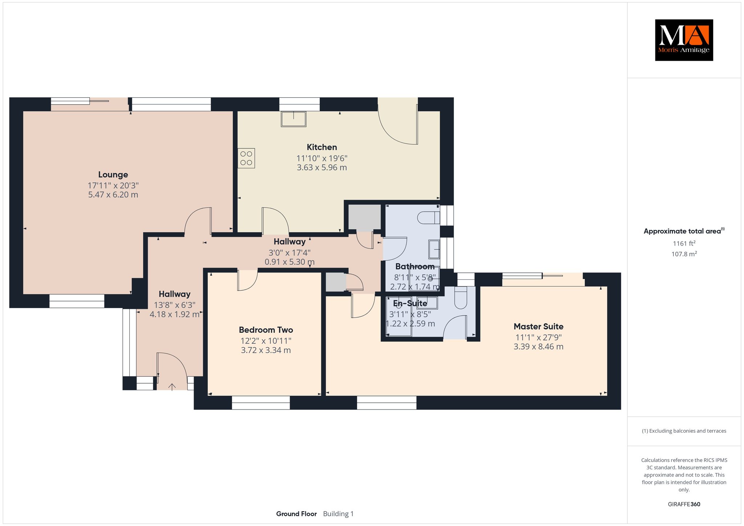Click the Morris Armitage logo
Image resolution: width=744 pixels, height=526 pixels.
tap(684, 40)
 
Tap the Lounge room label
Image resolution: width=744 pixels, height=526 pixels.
tap(113, 175)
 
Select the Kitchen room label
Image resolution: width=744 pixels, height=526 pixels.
tap(322, 147)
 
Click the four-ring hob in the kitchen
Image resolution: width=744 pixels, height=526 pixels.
tap(246, 158)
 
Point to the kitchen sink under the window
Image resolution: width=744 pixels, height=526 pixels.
tap(294, 119)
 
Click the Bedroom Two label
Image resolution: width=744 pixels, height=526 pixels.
tap(266, 330)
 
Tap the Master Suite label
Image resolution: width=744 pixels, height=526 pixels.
tap(538, 327)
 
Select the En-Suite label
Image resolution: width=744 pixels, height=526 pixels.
tap(410, 303)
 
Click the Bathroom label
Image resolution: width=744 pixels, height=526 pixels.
tap(415, 267)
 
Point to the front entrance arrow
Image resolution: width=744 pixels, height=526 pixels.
tap(172, 387)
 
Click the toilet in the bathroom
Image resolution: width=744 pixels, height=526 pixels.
tap(429, 218)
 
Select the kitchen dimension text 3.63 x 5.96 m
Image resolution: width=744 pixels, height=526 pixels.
tap(322, 167)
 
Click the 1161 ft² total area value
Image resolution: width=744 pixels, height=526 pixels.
tap(684, 243)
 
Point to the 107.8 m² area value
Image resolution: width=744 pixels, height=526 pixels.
tap(684, 254)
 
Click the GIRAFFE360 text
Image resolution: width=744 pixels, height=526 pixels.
tap(684, 504)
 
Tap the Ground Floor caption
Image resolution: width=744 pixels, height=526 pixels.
tap(296, 514)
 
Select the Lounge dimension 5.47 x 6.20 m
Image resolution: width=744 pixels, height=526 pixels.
tap(113, 195)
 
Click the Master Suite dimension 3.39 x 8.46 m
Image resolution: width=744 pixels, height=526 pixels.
tap(538, 347)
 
